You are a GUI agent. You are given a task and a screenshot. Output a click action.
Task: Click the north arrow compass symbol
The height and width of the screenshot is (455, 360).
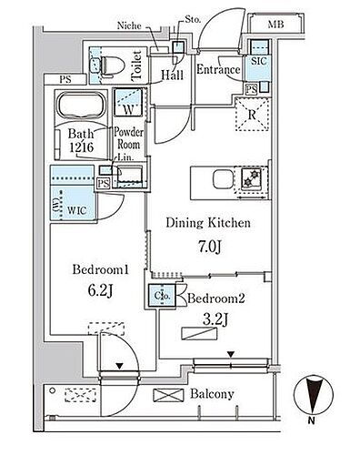point(314,401)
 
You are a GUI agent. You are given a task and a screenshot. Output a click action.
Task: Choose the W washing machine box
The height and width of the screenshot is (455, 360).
point(125,104)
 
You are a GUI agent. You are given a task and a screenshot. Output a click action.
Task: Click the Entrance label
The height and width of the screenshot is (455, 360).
point(217,70)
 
